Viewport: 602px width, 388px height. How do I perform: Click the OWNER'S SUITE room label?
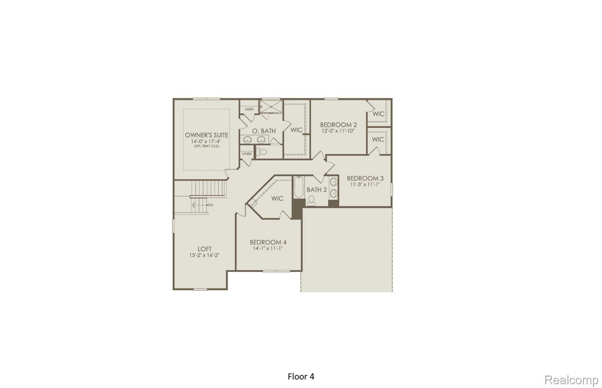(x=206, y=135)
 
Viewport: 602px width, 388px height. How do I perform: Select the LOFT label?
(x=205, y=249)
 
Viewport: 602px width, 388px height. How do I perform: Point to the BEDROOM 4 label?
(x=268, y=242)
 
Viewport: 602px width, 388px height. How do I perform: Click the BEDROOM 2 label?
(x=338, y=125)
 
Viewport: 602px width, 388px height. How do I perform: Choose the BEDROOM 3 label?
(x=365, y=178)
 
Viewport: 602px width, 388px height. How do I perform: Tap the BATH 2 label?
(x=317, y=190)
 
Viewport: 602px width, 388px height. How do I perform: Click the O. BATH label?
(x=264, y=131)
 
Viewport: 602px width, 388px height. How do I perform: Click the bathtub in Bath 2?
(x=298, y=187)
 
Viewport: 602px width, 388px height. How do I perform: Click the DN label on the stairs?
(x=210, y=205)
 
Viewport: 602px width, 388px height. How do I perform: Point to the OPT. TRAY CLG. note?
(x=206, y=146)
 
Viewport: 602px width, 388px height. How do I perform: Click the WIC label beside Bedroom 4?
(x=277, y=199)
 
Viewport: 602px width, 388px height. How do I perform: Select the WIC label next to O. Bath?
(x=296, y=130)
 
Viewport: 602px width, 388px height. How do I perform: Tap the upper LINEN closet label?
(x=249, y=109)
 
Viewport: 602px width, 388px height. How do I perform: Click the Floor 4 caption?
(x=301, y=377)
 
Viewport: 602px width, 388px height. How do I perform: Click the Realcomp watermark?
(x=571, y=380)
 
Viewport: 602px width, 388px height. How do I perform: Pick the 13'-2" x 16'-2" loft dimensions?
(x=204, y=255)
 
